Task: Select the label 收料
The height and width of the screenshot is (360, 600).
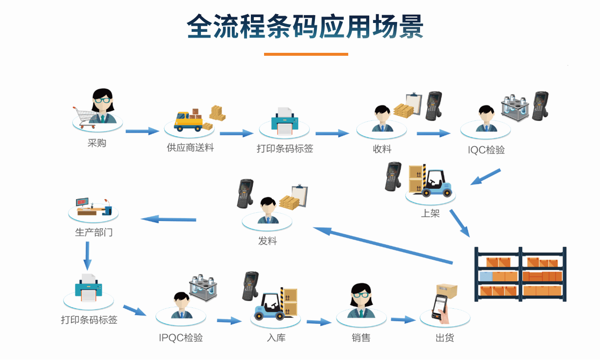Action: tap(381, 149)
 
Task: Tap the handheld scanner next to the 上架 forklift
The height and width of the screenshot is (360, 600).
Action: tap(393, 176)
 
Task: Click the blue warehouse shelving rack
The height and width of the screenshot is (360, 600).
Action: tap(520, 274)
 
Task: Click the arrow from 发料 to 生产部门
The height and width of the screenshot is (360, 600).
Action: tap(169, 219)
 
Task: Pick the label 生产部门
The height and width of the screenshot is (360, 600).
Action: tap(93, 232)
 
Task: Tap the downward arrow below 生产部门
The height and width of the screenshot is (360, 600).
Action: tap(88, 255)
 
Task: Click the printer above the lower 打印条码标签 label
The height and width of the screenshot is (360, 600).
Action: tap(89, 289)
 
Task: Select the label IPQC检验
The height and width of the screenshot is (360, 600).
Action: tap(180, 338)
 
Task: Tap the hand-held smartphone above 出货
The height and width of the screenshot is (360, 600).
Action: tap(441, 308)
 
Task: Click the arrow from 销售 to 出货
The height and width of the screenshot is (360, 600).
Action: tap(403, 320)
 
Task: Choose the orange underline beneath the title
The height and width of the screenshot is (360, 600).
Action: tap(306, 54)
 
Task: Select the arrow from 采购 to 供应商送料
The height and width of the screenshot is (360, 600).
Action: tap(142, 131)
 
